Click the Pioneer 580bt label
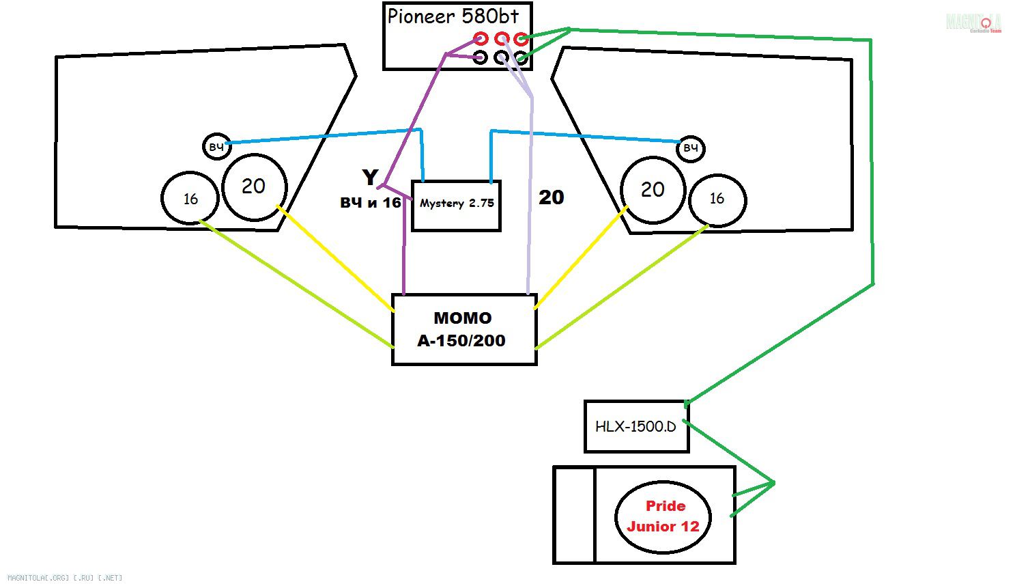[453, 16]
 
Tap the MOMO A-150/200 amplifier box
[463, 329]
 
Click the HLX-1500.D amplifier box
[635, 426]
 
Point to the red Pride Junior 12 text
[663, 516]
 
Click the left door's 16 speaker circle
[190, 198]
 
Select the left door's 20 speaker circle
[254, 186]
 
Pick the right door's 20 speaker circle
[653, 190]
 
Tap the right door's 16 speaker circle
[717, 199]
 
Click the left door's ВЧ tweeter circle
[216, 147]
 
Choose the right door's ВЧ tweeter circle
[690, 148]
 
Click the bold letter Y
[369, 177]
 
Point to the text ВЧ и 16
[371, 203]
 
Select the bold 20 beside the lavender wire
[551, 197]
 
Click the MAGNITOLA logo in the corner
[973, 23]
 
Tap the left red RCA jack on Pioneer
[481, 38]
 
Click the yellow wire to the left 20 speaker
[334, 258]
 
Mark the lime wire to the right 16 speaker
[621, 287]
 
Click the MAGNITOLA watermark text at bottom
[65, 578]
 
